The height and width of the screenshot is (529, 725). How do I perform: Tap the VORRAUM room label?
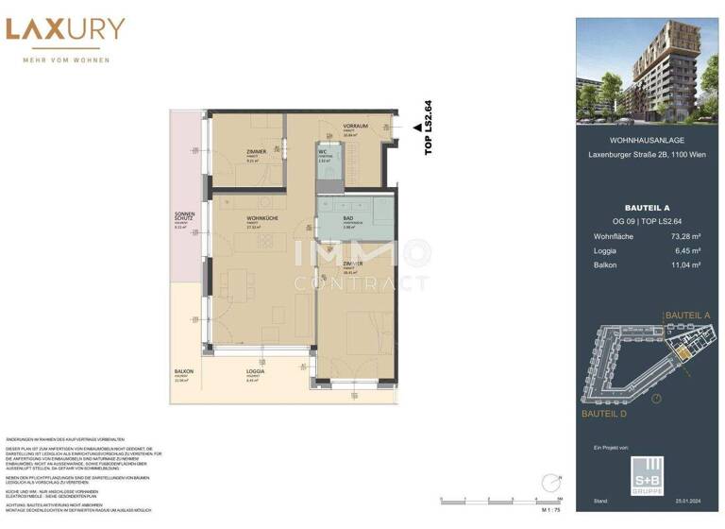click(355, 126)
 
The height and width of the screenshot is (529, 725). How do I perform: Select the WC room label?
click(322, 151)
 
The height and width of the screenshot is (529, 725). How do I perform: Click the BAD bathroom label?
click(323, 218)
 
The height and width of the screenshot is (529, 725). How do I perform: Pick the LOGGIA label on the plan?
click(256, 372)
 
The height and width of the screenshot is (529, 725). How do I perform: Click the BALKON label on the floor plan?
click(183, 372)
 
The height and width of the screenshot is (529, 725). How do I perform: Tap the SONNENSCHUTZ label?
click(184, 216)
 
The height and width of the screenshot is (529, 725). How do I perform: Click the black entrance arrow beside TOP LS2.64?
click(416, 127)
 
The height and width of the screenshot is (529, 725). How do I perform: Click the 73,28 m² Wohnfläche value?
click(682, 235)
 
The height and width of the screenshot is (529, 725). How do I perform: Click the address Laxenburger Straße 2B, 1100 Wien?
click(647, 155)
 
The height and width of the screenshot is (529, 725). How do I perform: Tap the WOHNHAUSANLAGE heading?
click(647, 140)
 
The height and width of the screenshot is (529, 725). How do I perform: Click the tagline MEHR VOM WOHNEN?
click(66, 60)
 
